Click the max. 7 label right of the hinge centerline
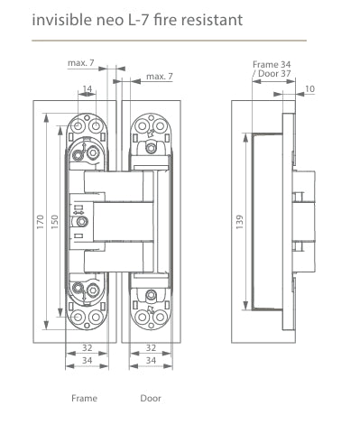point(160,78)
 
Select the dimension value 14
point(86,89)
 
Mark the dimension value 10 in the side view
point(310,88)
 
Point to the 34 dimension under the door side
point(152,361)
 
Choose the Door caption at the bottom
point(151,397)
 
